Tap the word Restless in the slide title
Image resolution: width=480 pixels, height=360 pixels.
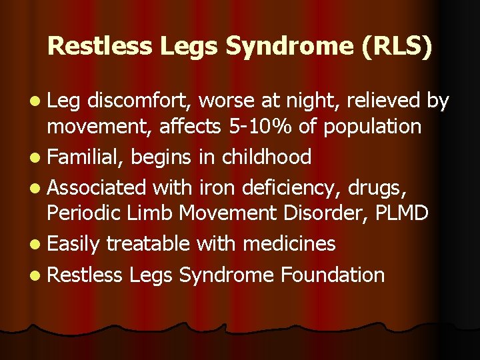(87, 45)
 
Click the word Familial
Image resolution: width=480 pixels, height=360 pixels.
(86, 157)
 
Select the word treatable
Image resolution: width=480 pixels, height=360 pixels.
(149, 244)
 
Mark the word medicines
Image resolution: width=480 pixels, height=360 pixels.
(289, 244)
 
